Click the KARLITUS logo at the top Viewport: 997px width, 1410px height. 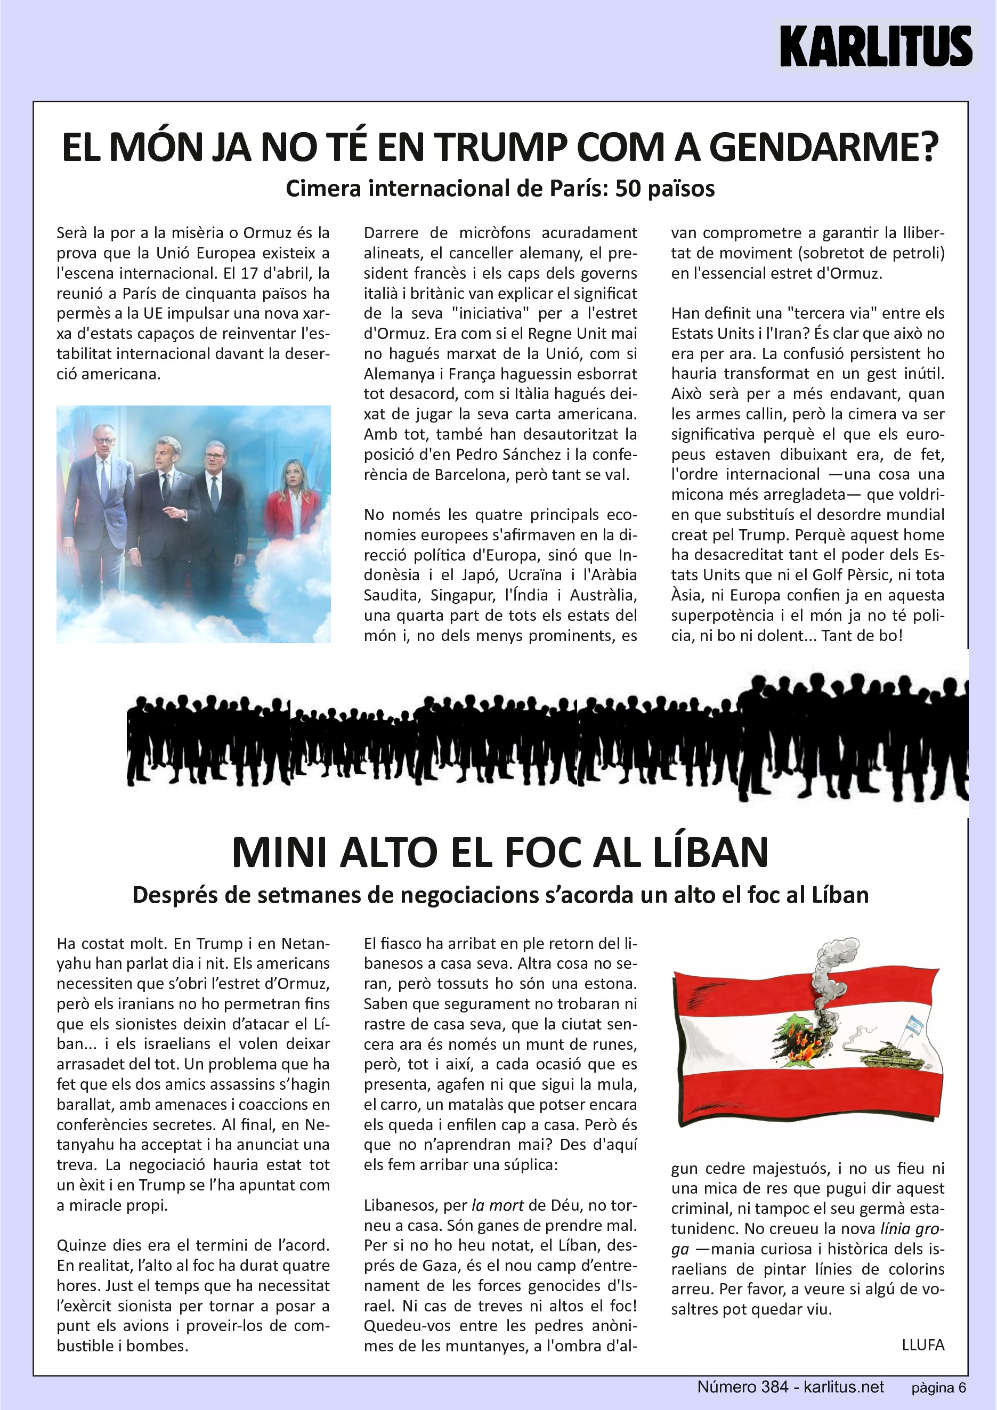tap(876, 46)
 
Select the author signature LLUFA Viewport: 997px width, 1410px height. tap(923, 1345)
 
